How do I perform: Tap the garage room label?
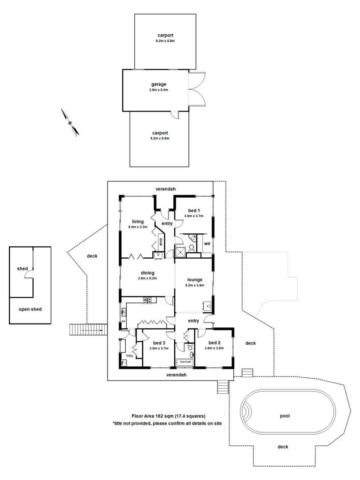point(158,84)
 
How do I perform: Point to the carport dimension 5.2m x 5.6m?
point(160,139)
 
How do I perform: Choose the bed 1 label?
point(193,210)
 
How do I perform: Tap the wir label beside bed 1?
point(207,244)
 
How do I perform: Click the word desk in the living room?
point(161,243)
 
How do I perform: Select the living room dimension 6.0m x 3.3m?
point(138,227)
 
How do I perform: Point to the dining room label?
point(148,273)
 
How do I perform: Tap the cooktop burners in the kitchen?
point(148,301)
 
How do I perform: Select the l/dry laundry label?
point(129,356)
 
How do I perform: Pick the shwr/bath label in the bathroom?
point(185,362)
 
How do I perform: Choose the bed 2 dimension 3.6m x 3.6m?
point(214,348)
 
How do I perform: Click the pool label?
point(284,416)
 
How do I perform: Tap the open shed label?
point(30,309)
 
